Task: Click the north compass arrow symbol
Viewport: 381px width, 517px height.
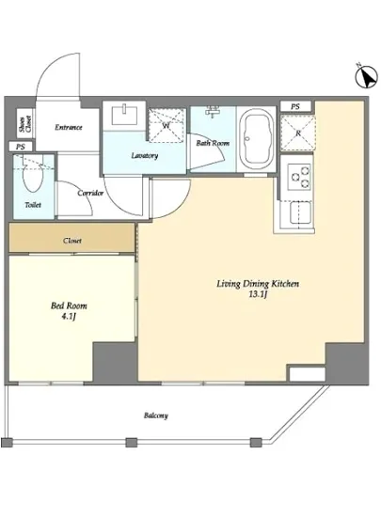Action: [x=366, y=76]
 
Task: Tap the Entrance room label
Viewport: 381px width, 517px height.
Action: [x=69, y=127]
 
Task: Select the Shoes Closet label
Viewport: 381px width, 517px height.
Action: [x=25, y=124]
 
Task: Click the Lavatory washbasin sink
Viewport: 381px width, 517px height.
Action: [x=124, y=116]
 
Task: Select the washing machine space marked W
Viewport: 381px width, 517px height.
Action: [x=166, y=125]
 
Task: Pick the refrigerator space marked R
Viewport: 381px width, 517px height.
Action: [x=297, y=133]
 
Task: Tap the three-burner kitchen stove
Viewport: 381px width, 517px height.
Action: [x=299, y=177]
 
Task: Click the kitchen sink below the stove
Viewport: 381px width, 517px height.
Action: [x=300, y=213]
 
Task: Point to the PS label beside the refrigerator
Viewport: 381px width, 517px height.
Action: [x=295, y=106]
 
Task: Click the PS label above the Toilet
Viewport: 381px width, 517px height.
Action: [x=21, y=147]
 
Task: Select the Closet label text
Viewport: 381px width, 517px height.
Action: [x=72, y=241]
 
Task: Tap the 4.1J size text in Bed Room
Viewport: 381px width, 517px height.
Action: [x=69, y=317]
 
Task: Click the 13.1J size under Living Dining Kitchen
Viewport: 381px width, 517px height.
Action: [x=258, y=294]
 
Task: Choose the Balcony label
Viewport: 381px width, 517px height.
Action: [x=156, y=415]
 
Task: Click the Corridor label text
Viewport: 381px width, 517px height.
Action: [x=90, y=193]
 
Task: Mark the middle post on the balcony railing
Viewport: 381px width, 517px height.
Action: [x=132, y=442]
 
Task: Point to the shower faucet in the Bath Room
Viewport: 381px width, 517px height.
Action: [x=214, y=112]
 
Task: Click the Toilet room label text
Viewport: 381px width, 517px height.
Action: [x=33, y=205]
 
